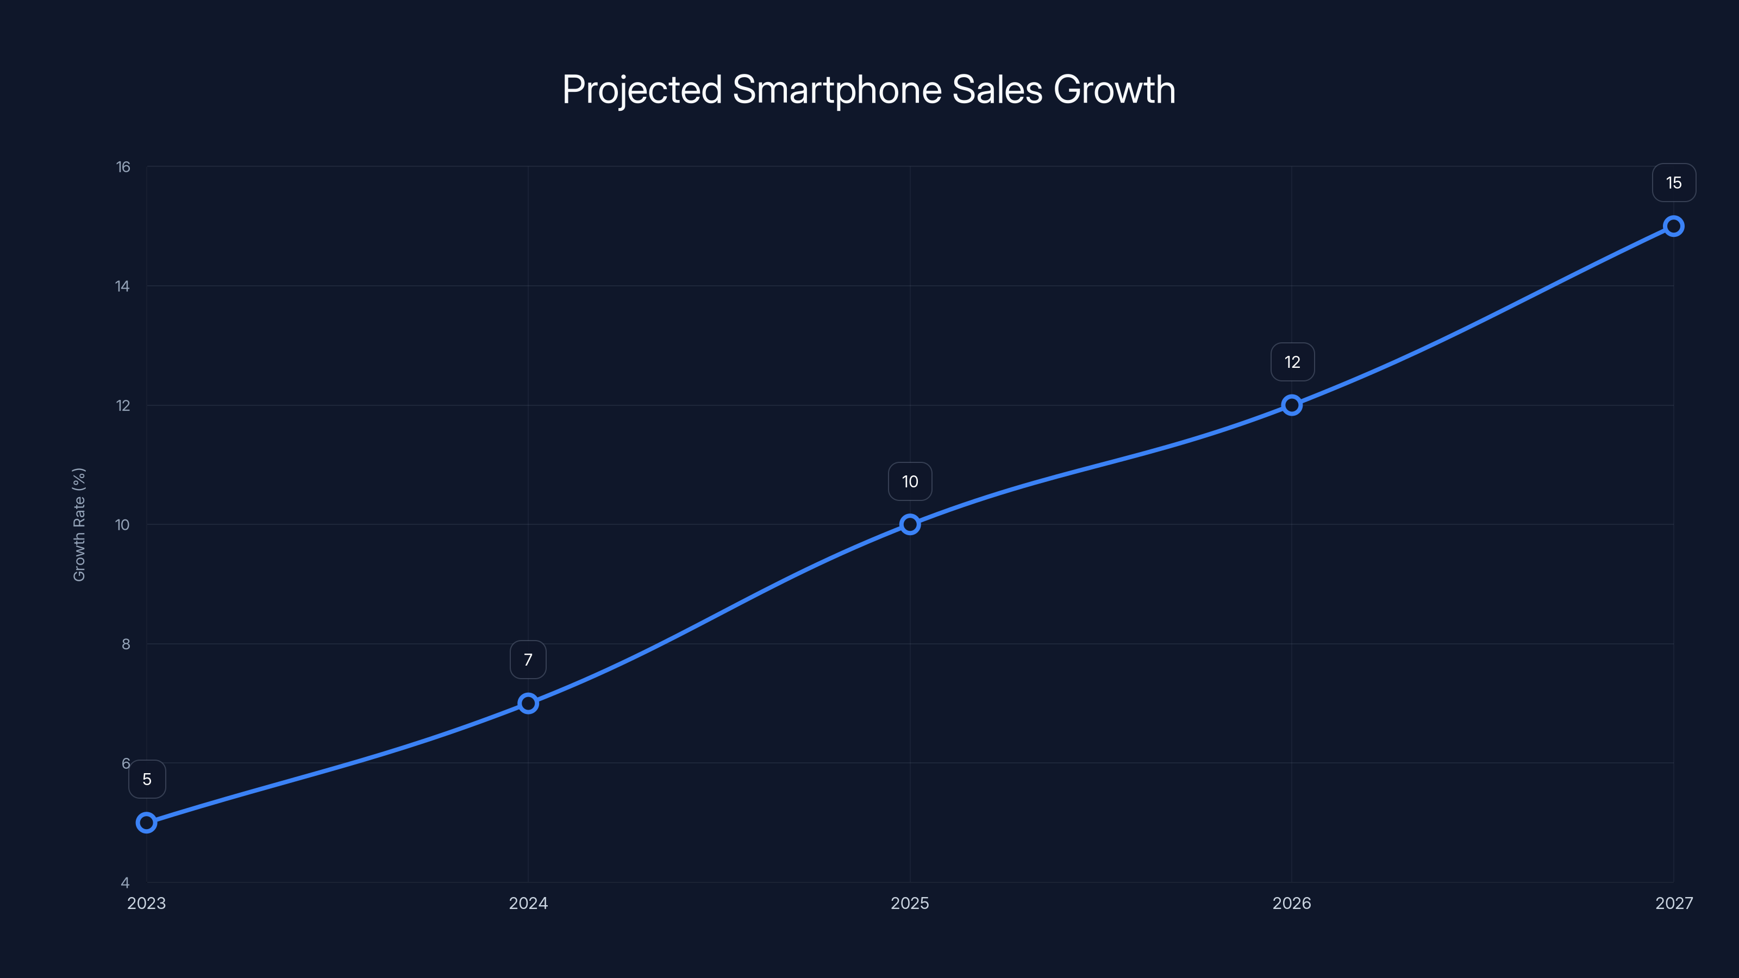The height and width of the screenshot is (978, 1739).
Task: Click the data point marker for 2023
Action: tap(147, 822)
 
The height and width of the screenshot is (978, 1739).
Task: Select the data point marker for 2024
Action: tap(528, 703)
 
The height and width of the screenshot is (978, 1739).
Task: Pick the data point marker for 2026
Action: tap(1291, 405)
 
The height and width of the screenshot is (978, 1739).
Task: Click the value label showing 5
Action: tap(147, 780)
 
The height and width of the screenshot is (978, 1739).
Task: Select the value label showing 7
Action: tap(528, 660)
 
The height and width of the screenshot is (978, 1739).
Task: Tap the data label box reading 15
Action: tap(1674, 183)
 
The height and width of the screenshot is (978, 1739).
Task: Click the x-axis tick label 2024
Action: tap(528, 903)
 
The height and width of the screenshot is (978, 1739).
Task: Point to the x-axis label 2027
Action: tap(1674, 903)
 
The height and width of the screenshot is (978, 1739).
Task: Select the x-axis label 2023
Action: tap(147, 903)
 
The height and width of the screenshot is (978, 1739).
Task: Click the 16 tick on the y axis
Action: tap(123, 167)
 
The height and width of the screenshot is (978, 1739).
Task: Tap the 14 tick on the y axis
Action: tap(122, 286)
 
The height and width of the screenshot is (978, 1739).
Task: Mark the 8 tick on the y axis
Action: tap(126, 644)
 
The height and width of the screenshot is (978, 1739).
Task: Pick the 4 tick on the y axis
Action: tap(125, 882)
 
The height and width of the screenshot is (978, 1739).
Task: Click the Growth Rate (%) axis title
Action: tap(79, 524)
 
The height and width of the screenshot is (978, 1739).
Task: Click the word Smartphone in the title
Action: tap(836, 90)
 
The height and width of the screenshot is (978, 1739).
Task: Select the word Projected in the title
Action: tap(642, 90)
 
